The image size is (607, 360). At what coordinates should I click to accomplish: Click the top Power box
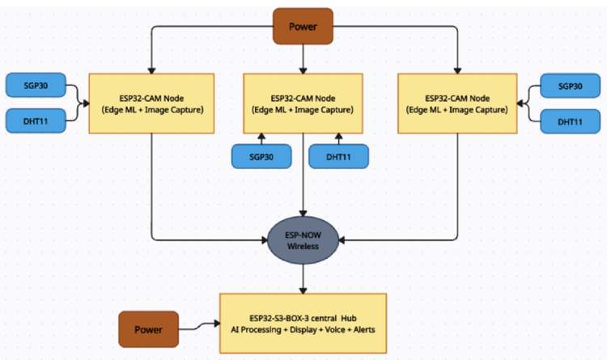tap(303, 26)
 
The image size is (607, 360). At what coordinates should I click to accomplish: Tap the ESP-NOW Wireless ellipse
tap(303, 239)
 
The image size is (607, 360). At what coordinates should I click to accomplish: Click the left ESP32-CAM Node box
tap(151, 104)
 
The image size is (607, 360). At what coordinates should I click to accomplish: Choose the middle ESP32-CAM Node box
tap(303, 104)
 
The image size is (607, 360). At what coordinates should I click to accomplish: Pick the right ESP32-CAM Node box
tap(457, 104)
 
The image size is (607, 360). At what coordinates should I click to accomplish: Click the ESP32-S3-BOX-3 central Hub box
tap(303, 323)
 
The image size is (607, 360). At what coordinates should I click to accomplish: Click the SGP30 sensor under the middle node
tap(261, 156)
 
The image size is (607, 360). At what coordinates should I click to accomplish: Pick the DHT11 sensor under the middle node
tap(338, 156)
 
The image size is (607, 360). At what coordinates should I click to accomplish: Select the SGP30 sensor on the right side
tap(570, 86)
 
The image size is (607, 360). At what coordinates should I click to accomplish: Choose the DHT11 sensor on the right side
tap(570, 121)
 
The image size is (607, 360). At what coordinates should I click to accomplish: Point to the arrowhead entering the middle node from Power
tap(303, 70)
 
